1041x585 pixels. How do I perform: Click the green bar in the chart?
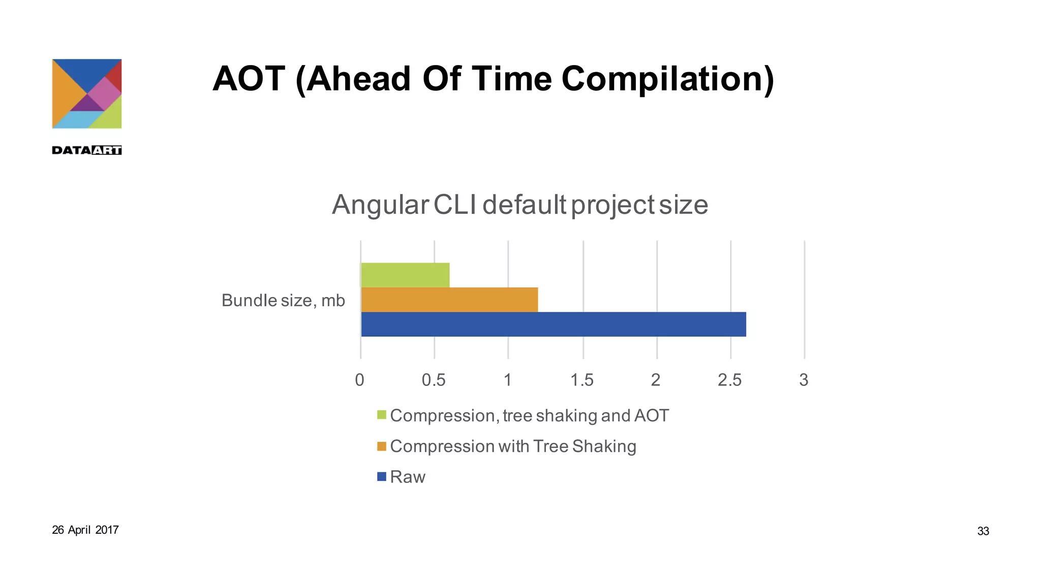[405, 275]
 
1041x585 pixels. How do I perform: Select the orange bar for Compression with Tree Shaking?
[449, 300]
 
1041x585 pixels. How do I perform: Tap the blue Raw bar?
[553, 324]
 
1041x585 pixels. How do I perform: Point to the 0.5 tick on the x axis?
[434, 380]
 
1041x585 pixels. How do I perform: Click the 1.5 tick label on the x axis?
[581, 380]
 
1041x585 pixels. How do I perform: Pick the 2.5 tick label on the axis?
[729, 380]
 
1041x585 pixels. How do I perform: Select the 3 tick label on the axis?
[804, 380]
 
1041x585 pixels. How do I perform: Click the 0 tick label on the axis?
[359, 380]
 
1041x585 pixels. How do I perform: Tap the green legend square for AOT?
[382, 415]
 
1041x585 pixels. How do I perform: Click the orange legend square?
[382, 446]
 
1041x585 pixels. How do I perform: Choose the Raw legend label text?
[408, 477]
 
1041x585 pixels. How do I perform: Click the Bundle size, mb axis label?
[283, 300]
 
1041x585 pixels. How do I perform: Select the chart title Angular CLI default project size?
[519, 205]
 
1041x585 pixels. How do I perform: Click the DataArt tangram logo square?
[87, 94]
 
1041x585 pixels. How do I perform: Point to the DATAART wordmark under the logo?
[87, 150]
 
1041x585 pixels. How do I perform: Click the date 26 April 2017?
[85, 530]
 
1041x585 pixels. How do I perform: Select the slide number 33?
[983, 531]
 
